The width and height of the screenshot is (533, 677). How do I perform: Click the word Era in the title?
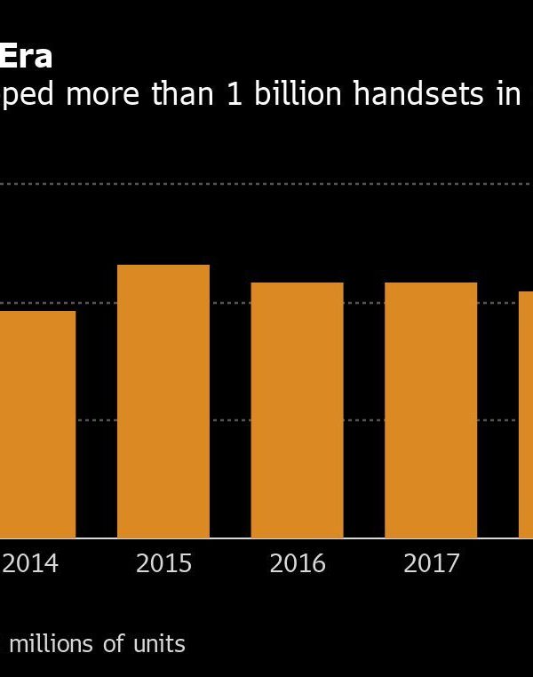26,57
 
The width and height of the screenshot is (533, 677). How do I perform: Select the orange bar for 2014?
37,424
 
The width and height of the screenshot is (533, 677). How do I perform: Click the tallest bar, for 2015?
163,401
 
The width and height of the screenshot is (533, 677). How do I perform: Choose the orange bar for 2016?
297,410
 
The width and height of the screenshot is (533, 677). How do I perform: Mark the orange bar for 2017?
431,410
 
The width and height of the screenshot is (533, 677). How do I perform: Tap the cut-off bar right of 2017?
526,414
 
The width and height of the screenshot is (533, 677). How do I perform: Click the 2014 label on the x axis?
30,564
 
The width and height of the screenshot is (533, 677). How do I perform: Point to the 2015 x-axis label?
163,564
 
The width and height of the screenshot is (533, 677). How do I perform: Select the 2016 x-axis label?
297,564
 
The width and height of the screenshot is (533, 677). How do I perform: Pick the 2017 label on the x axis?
431,564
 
